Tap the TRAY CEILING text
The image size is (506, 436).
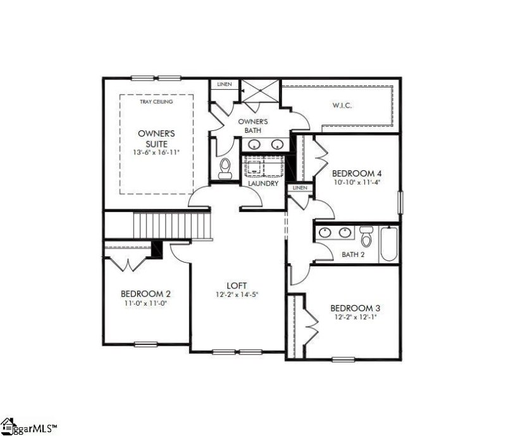coord(156,101)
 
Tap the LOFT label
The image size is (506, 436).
coord(238,285)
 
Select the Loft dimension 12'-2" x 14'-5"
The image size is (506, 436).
coord(238,294)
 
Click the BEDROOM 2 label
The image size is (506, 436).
coord(145,294)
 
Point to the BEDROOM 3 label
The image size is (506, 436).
coord(355,308)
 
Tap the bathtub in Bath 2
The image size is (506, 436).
coord(389,245)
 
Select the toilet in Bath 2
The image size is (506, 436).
coord(366,238)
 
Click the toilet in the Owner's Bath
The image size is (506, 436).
coord(224,168)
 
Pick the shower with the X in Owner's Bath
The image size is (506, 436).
coord(260,89)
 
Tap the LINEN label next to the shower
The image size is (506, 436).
coord(224,84)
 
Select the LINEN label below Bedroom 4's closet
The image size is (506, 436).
coord(300,188)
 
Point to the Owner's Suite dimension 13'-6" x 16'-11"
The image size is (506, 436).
coord(156,153)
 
